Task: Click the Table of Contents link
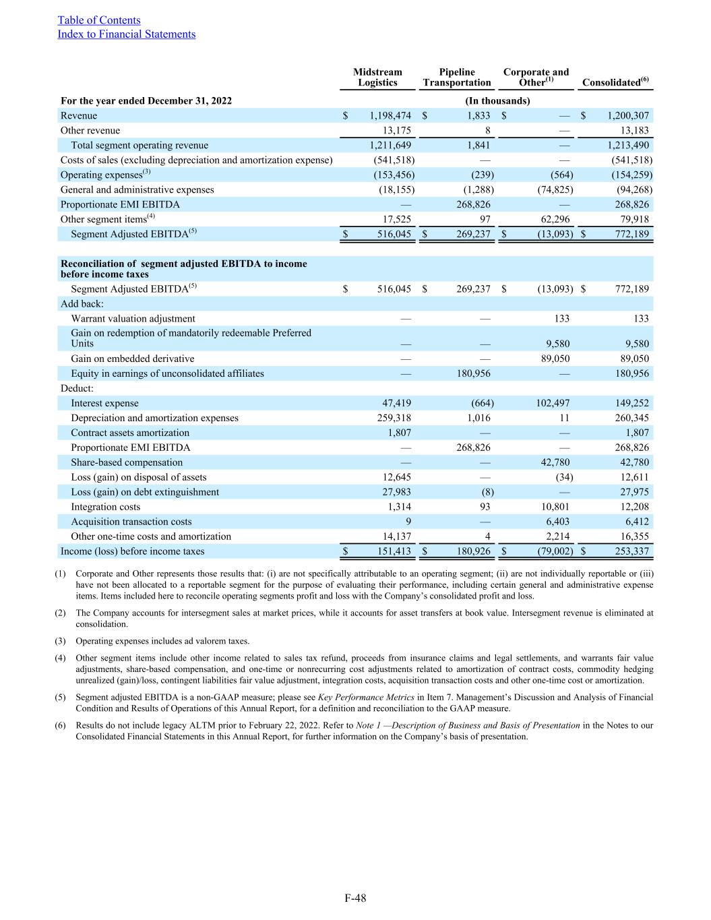99,20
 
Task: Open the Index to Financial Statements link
127,34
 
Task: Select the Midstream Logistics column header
377,78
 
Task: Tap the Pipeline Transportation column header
457,78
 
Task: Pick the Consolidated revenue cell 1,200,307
628,116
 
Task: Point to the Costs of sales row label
196,160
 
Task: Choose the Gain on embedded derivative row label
132,359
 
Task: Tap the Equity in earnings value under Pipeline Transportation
472,374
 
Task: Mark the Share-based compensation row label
127,463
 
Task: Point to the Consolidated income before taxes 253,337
628,552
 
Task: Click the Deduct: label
77,389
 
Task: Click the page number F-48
355,898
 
